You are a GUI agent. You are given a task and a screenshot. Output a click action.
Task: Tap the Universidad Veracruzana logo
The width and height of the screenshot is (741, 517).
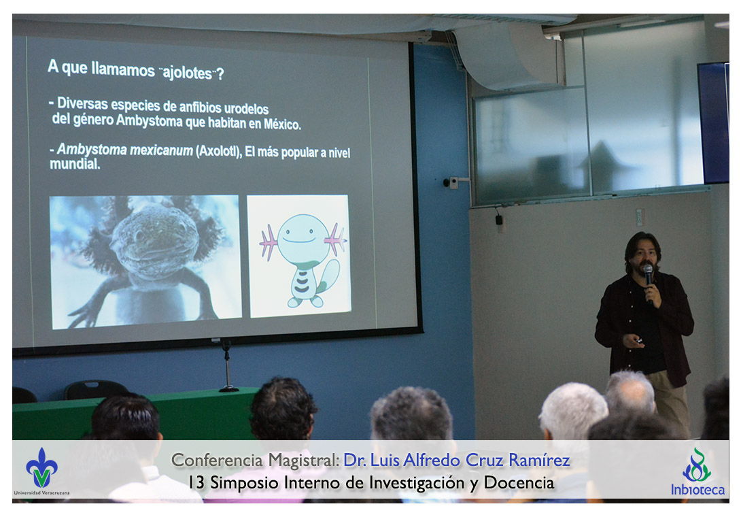tap(41, 471)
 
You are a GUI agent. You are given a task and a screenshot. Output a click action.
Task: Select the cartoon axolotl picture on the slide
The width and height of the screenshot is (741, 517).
tap(298, 256)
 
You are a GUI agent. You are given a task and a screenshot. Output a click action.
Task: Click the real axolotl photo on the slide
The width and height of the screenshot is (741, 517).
tap(145, 262)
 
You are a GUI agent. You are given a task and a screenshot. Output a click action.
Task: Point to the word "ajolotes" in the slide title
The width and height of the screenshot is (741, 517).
tap(187, 73)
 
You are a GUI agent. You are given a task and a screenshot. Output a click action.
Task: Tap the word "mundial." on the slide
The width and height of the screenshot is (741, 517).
tap(75, 164)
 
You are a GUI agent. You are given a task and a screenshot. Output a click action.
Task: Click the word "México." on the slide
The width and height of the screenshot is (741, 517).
tap(282, 124)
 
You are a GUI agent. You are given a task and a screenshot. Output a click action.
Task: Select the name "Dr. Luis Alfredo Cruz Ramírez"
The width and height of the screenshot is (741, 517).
tap(457, 461)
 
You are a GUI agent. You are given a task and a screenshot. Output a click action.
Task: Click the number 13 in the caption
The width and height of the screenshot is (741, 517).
tap(196, 483)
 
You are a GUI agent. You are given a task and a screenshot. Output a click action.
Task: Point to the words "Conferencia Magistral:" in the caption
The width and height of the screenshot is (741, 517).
tap(255, 461)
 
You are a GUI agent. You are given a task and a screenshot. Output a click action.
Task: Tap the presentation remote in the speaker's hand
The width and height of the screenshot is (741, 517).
tap(638, 340)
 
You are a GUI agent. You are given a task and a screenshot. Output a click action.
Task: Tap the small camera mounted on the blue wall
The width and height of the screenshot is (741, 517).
tap(452, 182)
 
